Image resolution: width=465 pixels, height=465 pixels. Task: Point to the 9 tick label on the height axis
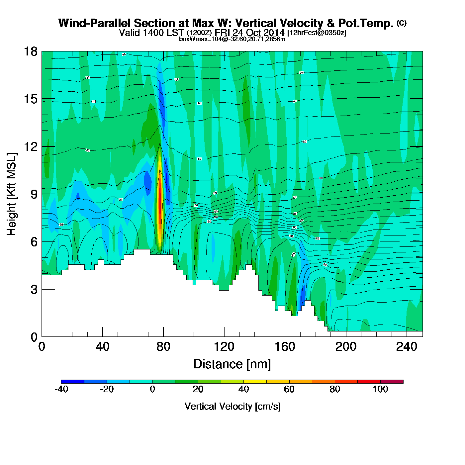[x=34, y=194]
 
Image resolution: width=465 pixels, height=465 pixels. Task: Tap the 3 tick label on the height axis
[x=34, y=290]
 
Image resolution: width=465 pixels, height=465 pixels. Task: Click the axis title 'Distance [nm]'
[x=232, y=364]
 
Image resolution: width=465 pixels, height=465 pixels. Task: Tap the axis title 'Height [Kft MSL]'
[x=12, y=194]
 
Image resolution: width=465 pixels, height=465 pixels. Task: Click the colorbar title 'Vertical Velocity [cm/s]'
[x=232, y=406]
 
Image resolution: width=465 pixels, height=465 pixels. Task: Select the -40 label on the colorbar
[x=61, y=389]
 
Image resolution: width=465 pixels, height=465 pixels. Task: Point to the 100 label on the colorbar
[x=380, y=389]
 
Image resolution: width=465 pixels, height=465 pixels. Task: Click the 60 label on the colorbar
[x=289, y=389]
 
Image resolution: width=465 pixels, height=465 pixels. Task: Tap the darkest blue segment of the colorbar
[x=73, y=382]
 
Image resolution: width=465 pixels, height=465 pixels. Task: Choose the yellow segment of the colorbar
[x=255, y=382]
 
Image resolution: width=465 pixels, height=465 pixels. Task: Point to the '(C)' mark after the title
[x=402, y=23]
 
